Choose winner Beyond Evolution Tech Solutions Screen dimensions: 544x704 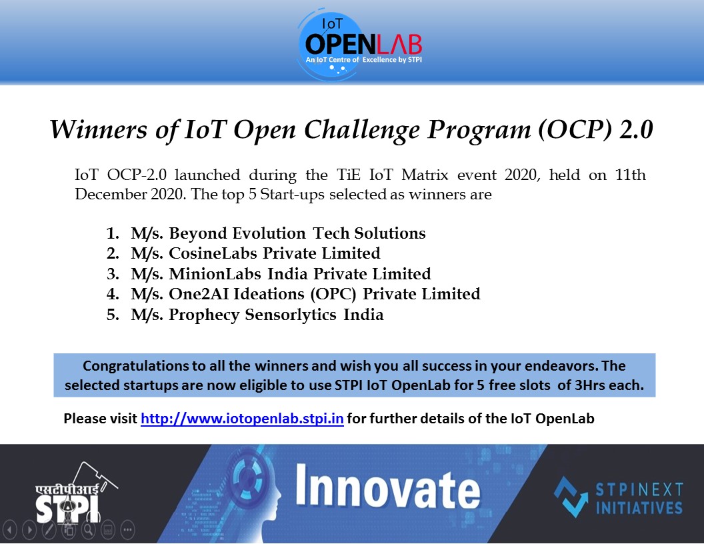pos(297,233)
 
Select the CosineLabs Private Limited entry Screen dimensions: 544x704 pos(274,253)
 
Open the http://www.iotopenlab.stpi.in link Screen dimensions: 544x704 pos(242,419)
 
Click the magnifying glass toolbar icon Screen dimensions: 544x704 pos(87,530)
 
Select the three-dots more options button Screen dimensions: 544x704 pos(127,530)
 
